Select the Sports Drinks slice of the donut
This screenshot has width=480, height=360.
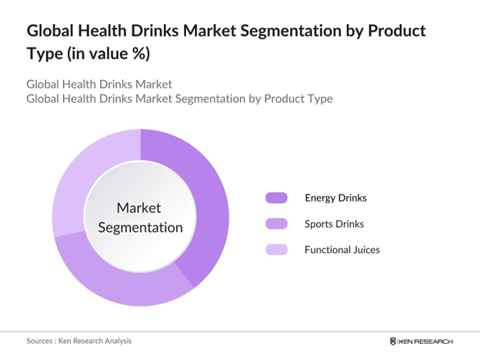(123, 281)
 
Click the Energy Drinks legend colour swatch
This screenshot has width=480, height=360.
(276, 198)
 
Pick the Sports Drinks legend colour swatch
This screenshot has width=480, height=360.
(276, 224)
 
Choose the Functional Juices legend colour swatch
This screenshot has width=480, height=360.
(276, 249)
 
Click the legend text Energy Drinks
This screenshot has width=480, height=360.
(335, 198)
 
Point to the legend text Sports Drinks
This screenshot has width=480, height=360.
(335, 224)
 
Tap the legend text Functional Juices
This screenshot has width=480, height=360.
(342, 249)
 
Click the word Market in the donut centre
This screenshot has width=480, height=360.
(140, 208)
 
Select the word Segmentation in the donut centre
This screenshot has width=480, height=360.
(140, 227)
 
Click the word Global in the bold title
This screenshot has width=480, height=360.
(54, 32)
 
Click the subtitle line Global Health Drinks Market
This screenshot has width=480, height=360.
(98, 84)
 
